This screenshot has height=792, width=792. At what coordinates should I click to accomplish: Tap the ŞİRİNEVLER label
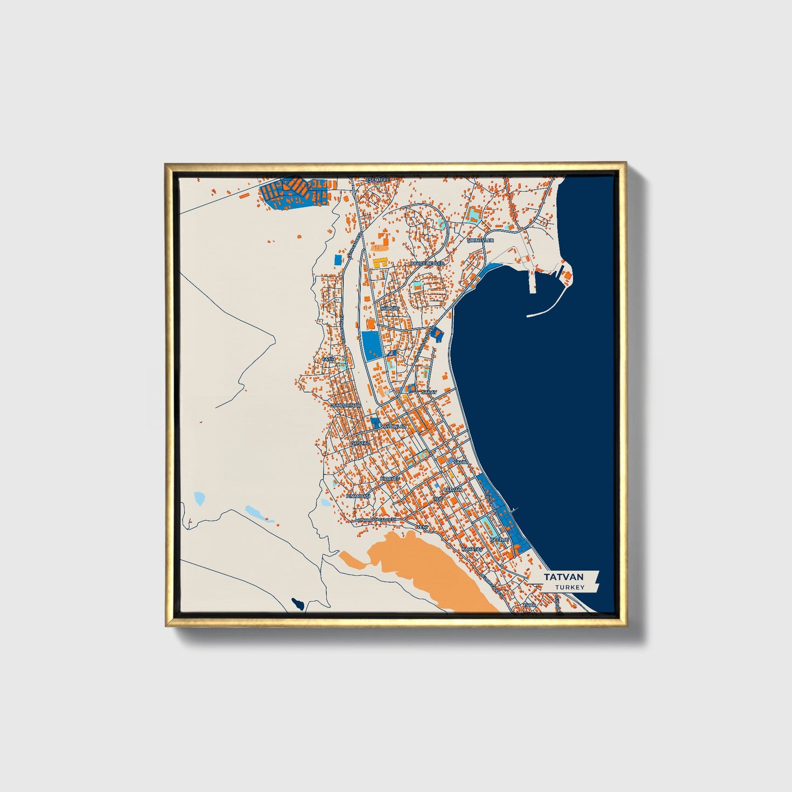click(x=480, y=240)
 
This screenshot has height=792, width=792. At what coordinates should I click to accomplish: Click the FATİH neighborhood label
click(x=329, y=359)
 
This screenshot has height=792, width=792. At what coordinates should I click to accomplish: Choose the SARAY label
click(x=428, y=393)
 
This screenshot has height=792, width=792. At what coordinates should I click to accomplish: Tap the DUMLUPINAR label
click(x=344, y=405)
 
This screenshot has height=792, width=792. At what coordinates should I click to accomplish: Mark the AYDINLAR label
click(x=395, y=426)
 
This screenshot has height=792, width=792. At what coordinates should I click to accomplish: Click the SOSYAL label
click(x=360, y=442)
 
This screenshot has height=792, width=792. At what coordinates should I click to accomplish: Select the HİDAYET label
click(x=390, y=478)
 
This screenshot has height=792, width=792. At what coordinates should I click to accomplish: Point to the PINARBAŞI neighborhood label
click(x=358, y=495)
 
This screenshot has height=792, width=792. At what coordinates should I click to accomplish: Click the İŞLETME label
click(x=499, y=540)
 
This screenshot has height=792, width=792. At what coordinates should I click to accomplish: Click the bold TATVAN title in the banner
click(x=564, y=577)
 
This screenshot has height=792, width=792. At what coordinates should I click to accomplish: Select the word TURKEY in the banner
click(x=569, y=587)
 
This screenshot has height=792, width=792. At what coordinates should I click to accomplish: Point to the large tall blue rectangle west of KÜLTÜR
click(x=371, y=345)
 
